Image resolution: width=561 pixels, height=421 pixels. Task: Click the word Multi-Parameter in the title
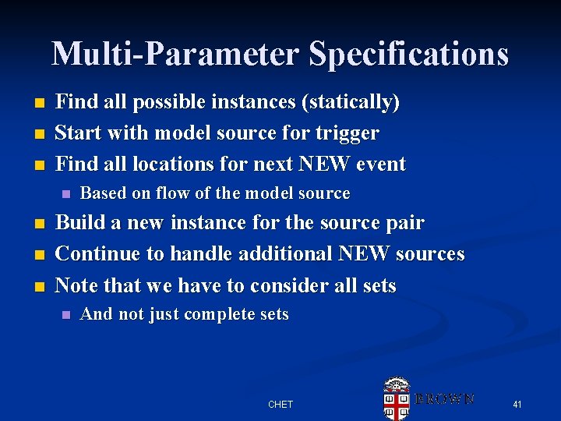coord(176,55)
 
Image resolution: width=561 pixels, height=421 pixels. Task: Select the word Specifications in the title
coord(408,55)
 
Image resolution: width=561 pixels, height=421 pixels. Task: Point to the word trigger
coord(347,133)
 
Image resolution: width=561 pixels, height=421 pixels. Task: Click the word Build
coord(82,223)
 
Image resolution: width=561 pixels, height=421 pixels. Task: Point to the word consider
coord(263,286)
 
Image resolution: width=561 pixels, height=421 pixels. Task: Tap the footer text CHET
coord(280,405)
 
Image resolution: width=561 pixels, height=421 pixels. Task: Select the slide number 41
coord(517,405)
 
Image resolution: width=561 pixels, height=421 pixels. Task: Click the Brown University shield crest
coord(397,398)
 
